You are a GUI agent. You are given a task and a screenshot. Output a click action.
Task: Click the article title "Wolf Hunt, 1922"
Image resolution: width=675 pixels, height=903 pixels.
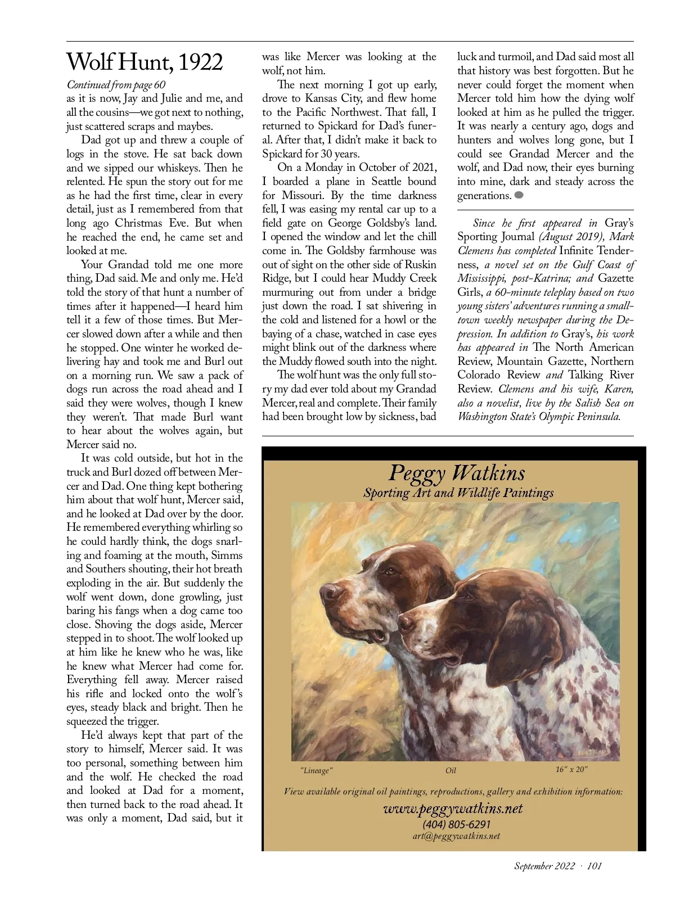point(145,62)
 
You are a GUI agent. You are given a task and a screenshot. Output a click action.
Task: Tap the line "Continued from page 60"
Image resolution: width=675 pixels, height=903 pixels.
point(116,85)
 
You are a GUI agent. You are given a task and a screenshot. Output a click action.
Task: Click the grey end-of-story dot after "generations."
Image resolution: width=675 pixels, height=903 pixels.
point(519,195)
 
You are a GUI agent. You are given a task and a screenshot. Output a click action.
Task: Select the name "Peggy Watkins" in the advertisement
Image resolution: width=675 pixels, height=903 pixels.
point(457,473)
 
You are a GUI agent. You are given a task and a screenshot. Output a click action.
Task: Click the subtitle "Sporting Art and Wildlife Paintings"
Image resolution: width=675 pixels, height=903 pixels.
point(458,493)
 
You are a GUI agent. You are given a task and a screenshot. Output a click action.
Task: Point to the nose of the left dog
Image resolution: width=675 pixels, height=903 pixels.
point(328,592)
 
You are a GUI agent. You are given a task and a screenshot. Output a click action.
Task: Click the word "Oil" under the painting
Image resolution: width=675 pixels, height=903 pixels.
point(451,770)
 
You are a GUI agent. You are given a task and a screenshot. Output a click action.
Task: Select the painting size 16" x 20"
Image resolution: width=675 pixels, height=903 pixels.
point(571,769)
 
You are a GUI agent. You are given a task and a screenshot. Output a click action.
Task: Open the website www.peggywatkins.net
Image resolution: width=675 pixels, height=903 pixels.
point(453,809)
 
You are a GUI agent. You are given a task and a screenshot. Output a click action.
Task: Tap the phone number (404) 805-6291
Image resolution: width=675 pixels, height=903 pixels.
point(456,824)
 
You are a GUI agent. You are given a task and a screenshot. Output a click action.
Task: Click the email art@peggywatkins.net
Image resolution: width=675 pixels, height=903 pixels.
point(456,836)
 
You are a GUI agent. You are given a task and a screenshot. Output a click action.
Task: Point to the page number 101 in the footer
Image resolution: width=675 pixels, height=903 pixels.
point(594,866)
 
